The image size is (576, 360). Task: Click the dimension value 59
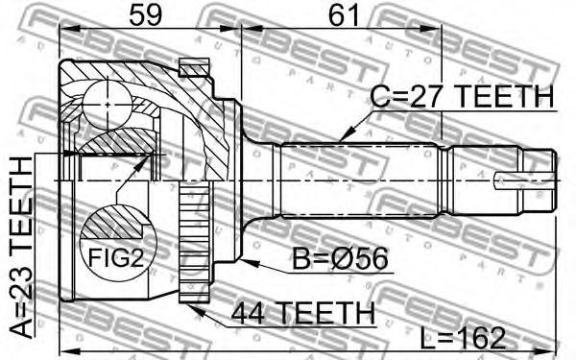pos(146,14)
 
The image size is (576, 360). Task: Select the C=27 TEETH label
pos(462,96)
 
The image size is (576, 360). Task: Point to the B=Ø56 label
pos(340,259)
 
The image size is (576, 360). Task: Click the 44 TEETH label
pos(303,313)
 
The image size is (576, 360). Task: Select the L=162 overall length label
pos(463,338)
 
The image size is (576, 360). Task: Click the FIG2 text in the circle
pos(116,257)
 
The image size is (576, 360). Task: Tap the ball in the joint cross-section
pos(108,105)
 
